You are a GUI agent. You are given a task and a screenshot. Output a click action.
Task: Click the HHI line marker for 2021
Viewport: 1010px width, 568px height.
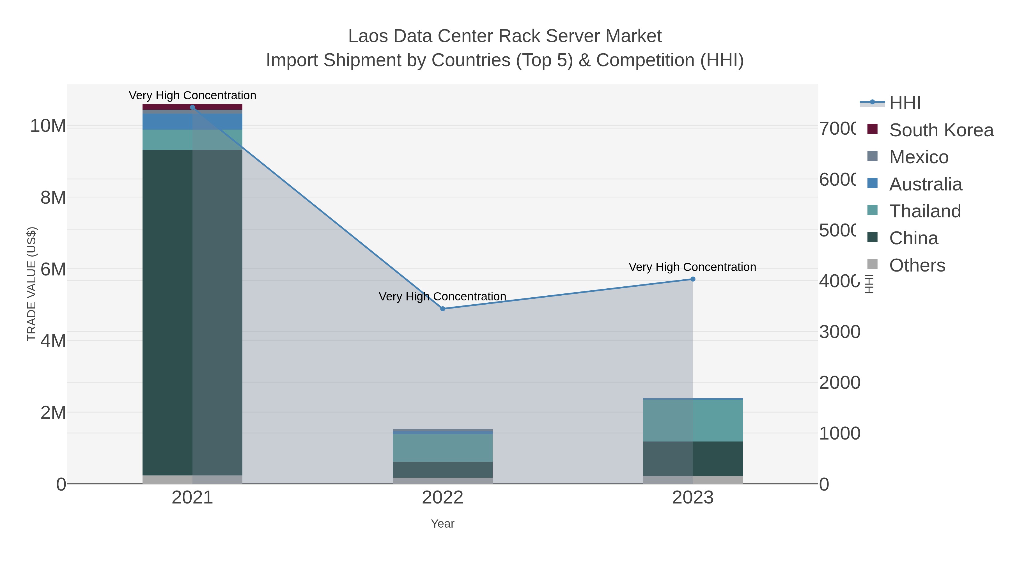click(192, 107)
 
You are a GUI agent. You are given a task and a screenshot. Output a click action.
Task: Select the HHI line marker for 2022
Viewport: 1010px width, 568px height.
click(443, 309)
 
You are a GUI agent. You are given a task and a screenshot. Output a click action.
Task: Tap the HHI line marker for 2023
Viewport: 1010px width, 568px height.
click(693, 279)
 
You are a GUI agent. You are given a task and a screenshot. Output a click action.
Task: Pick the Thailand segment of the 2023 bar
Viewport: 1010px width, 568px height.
click(693, 420)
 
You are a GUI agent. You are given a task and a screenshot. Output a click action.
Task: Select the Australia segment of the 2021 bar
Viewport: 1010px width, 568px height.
click(192, 121)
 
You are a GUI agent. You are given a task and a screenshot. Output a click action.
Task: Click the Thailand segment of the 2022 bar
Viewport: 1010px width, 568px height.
click(443, 448)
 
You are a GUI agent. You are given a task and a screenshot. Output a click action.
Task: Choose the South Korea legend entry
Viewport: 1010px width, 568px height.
click(941, 130)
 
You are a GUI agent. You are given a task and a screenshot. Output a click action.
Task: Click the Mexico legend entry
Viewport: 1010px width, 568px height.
click(919, 157)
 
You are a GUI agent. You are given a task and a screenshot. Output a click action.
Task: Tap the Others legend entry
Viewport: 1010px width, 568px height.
click(917, 265)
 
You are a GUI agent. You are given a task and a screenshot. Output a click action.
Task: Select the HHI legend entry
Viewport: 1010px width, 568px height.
click(905, 103)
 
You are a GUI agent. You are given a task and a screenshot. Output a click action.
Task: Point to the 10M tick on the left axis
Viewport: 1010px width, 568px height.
click(48, 126)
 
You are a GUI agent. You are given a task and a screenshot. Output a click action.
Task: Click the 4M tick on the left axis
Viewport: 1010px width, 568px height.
click(53, 341)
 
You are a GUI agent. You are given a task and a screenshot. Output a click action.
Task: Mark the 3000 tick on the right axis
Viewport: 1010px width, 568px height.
click(839, 332)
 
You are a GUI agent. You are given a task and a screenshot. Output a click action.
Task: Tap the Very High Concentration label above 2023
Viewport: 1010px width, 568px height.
click(692, 267)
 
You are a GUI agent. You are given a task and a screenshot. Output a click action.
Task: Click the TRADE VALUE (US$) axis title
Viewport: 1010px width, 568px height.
click(31, 284)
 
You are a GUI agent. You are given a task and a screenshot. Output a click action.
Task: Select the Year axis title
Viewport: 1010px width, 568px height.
click(443, 524)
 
